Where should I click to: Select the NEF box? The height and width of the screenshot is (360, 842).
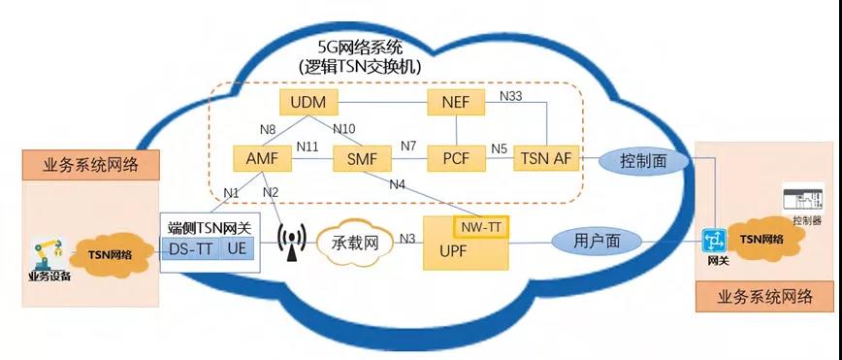(x=456, y=103)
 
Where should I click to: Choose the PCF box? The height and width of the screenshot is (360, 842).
(x=456, y=157)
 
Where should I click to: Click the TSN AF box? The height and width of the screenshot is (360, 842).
(x=546, y=157)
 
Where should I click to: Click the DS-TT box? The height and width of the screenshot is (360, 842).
(x=190, y=249)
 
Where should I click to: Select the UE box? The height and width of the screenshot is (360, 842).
(x=238, y=249)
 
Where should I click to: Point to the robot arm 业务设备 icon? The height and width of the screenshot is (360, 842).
(x=47, y=254)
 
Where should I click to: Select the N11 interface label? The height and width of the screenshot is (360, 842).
(x=308, y=147)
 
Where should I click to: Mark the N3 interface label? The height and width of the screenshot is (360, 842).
(x=408, y=238)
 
